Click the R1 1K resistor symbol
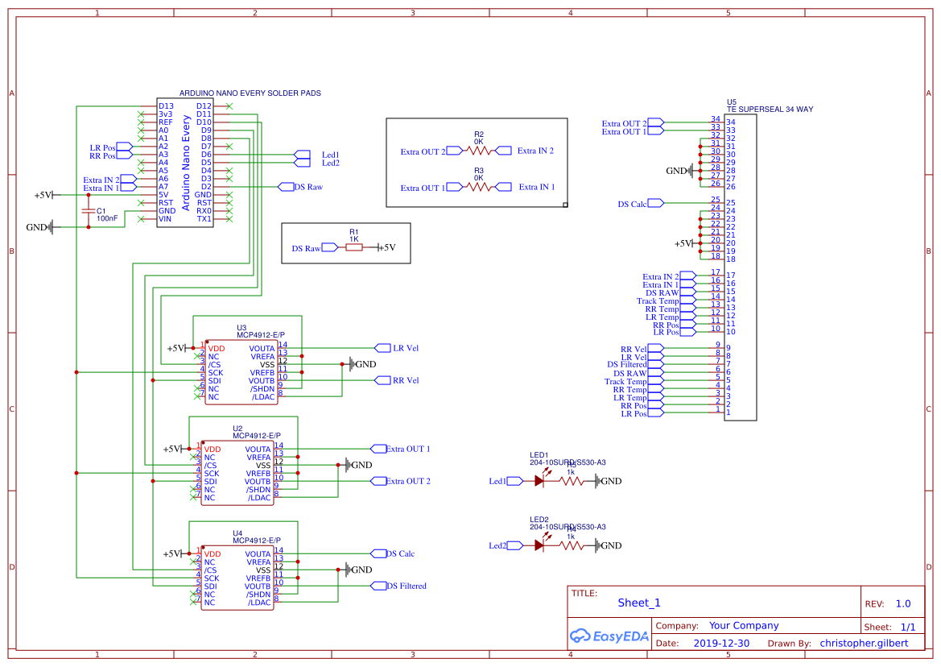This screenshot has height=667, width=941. [x=354, y=248]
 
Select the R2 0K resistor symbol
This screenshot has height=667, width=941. [x=479, y=151]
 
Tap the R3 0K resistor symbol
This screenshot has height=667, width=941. [x=479, y=187]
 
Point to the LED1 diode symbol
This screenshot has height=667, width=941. [x=539, y=481]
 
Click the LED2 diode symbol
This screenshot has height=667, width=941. [x=539, y=545]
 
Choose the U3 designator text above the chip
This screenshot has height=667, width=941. [x=241, y=328]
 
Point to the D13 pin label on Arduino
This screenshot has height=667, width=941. [x=166, y=106]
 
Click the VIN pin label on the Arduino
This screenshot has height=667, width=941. [x=165, y=218]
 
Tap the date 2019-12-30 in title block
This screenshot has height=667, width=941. [x=721, y=643]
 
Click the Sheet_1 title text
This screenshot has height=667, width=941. [x=639, y=603]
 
